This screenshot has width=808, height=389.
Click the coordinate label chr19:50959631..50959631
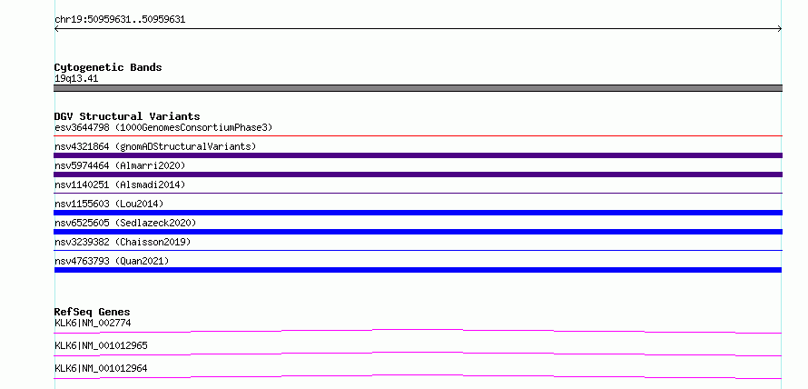[120, 20]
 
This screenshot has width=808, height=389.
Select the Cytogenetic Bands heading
[108, 67]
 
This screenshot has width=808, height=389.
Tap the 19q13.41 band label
[76, 79]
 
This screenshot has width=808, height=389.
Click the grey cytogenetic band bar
[418, 88]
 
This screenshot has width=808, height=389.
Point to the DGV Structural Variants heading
[127, 116]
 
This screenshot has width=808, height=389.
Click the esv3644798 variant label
[163, 127]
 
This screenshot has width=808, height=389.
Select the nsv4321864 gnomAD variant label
[155, 146]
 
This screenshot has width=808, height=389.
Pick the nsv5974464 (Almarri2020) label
[120, 165]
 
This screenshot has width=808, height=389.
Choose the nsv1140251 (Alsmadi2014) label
[120, 185]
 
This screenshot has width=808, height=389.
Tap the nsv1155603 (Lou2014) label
[109, 204]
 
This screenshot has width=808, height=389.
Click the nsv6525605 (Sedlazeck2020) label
[125, 223]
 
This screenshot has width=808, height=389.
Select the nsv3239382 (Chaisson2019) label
[123, 242]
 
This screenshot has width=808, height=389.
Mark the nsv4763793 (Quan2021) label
[112, 261]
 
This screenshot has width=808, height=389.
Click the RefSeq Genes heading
[93, 312]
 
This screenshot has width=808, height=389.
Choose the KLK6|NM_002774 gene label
[93, 324]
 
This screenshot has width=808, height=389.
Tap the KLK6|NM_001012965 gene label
[101, 345]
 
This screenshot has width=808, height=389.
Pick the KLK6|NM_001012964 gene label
[101, 368]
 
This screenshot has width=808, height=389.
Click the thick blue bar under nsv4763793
[418, 270]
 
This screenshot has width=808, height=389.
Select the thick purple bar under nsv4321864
[418, 155]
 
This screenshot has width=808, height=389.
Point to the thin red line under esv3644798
[418, 136]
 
